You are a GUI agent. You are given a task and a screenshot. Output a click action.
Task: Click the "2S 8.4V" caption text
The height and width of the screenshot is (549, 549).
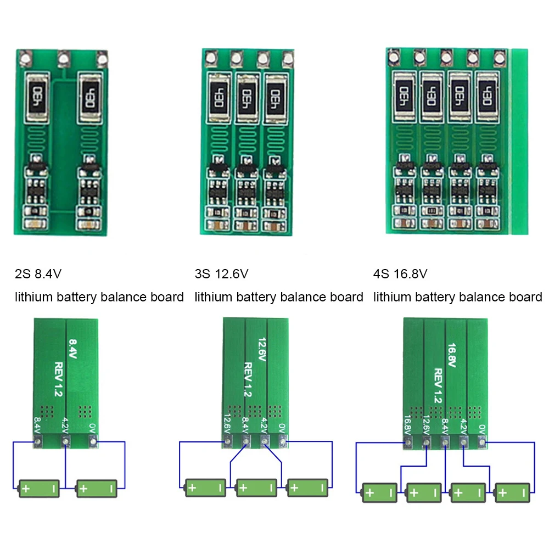[x=42, y=273]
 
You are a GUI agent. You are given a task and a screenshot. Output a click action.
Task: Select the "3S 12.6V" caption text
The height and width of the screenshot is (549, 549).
[x=221, y=273]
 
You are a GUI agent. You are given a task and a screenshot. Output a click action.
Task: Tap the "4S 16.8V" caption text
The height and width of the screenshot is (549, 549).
[x=400, y=273]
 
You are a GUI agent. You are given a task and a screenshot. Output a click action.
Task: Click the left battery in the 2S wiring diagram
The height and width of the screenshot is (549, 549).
[x=39, y=488]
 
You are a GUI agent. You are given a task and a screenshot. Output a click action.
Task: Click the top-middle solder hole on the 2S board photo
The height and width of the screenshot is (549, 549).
[x=64, y=57]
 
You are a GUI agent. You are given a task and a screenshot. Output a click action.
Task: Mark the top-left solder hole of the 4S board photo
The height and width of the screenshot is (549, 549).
[x=393, y=56]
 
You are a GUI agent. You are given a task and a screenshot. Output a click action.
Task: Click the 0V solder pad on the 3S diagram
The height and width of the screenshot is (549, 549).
[x=283, y=440]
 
